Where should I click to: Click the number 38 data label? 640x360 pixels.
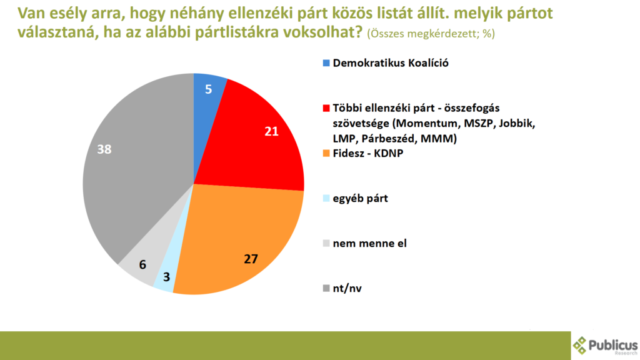(x=104, y=149)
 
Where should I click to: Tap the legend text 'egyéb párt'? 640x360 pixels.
(x=361, y=199)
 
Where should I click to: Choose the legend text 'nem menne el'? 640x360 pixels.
(x=370, y=243)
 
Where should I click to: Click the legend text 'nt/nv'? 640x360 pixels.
(x=348, y=288)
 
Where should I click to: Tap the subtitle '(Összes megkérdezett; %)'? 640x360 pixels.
(x=431, y=34)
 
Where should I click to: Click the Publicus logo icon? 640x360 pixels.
(x=580, y=345)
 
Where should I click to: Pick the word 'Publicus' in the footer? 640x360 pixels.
(x=614, y=343)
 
